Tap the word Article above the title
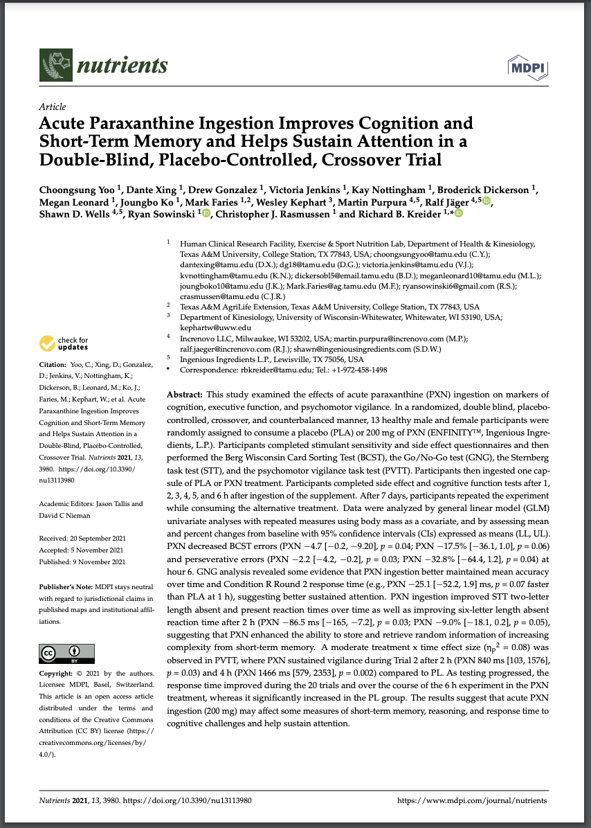coord(53,107)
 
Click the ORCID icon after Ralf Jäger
coord(486,201)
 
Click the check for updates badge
coord(64,343)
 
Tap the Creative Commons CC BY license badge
coord(66,654)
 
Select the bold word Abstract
coord(185,393)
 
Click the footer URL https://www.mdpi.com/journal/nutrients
coord(472,800)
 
